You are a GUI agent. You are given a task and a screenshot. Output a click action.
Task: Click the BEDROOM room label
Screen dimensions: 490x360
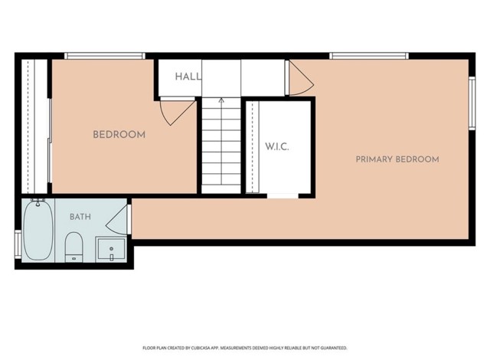[119, 135]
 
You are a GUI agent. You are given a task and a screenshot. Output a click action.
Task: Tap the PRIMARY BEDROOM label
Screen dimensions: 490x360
[397, 159]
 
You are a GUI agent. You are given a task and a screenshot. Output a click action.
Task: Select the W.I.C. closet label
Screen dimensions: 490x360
[277, 146]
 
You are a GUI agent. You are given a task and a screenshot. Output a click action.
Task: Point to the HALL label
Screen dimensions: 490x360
[188, 77]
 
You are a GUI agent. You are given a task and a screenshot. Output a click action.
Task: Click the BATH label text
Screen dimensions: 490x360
[80, 217]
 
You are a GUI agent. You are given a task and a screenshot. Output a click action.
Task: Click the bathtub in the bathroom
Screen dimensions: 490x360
[38, 231]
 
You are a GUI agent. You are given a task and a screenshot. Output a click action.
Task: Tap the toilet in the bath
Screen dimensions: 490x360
[73, 247]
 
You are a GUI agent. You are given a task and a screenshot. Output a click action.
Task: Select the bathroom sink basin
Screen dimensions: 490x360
[111, 249]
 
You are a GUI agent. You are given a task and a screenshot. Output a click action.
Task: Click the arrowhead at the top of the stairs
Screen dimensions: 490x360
[221, 100]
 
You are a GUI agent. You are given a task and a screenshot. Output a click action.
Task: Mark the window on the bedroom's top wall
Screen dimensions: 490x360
[105, 56]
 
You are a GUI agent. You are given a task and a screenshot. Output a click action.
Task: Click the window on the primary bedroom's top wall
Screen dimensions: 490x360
[369, 56]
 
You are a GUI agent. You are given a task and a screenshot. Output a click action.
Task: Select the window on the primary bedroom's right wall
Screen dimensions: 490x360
[472, 103]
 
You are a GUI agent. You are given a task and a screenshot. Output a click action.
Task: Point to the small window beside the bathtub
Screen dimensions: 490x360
[18, 244]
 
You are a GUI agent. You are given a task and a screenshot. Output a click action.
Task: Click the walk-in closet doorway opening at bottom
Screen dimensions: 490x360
[283, 196]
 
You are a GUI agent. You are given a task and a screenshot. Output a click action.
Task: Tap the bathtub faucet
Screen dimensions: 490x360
[38, 202]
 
